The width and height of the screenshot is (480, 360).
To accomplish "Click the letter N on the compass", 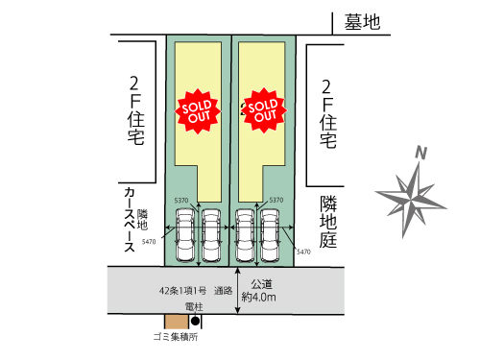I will pyautogui.click(x=420, y=153).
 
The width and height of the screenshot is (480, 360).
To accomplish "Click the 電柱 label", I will pyautogui.click(x=196, y=306).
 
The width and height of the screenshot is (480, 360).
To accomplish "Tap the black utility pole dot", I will pyautogui.click(x=197, y=321).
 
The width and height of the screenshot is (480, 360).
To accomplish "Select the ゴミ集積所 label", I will pyautogui.click(x=175, y=337).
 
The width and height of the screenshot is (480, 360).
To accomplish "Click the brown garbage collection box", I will pyautogui.click(x=178, y=322).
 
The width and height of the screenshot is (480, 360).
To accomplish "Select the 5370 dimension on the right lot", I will pyautogui.click(x=278, y=200).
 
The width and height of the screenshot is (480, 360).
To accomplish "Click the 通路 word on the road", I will pyautogui.click(x=225, y=289).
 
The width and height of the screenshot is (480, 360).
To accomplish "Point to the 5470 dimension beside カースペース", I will pyautogui.click(x=148, y=242).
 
